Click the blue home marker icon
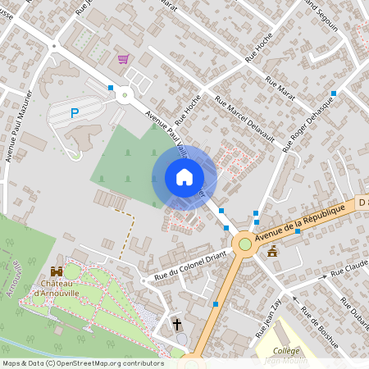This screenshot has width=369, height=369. (184, 177)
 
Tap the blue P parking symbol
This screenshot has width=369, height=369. (75, 113)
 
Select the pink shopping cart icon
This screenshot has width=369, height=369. (123, 59)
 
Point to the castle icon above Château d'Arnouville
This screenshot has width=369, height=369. (57, 271)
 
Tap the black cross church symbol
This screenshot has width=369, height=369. (177, 325)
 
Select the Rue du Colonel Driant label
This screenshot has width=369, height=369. (184, 266)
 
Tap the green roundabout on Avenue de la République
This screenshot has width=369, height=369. (244, 244)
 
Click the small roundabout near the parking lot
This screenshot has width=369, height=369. (125, 95)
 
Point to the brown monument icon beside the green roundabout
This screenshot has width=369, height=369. (272, 252)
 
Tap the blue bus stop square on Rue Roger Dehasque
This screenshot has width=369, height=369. (333, 93)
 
